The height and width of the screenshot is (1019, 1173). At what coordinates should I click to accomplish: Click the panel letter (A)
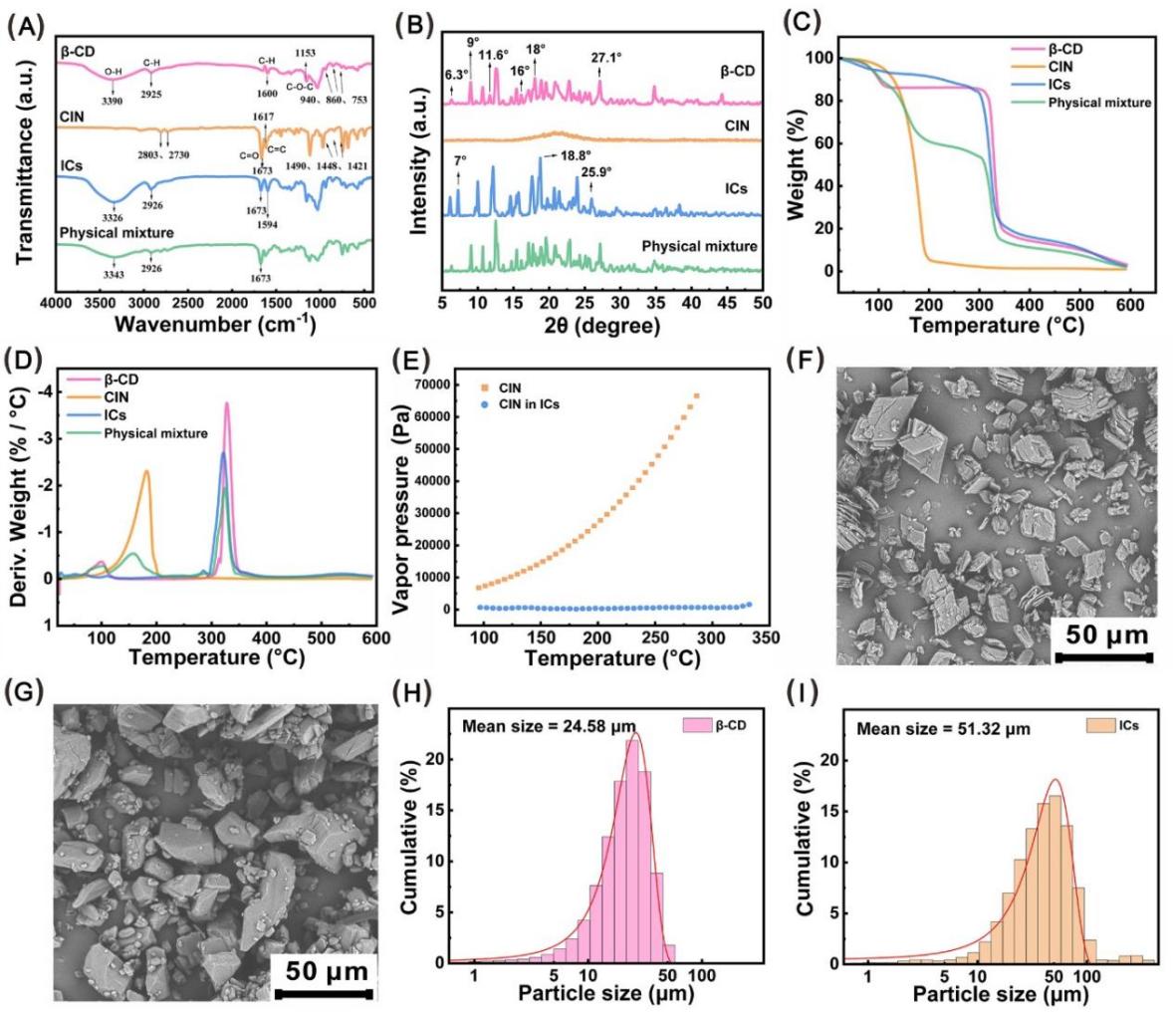[23, 25]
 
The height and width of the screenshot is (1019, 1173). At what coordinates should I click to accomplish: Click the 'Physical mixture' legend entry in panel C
[1099, 103]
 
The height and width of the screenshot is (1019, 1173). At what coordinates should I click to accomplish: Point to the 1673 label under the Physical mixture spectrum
[262, 278]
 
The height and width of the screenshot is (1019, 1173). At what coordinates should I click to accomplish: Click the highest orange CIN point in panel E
[697, 395]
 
